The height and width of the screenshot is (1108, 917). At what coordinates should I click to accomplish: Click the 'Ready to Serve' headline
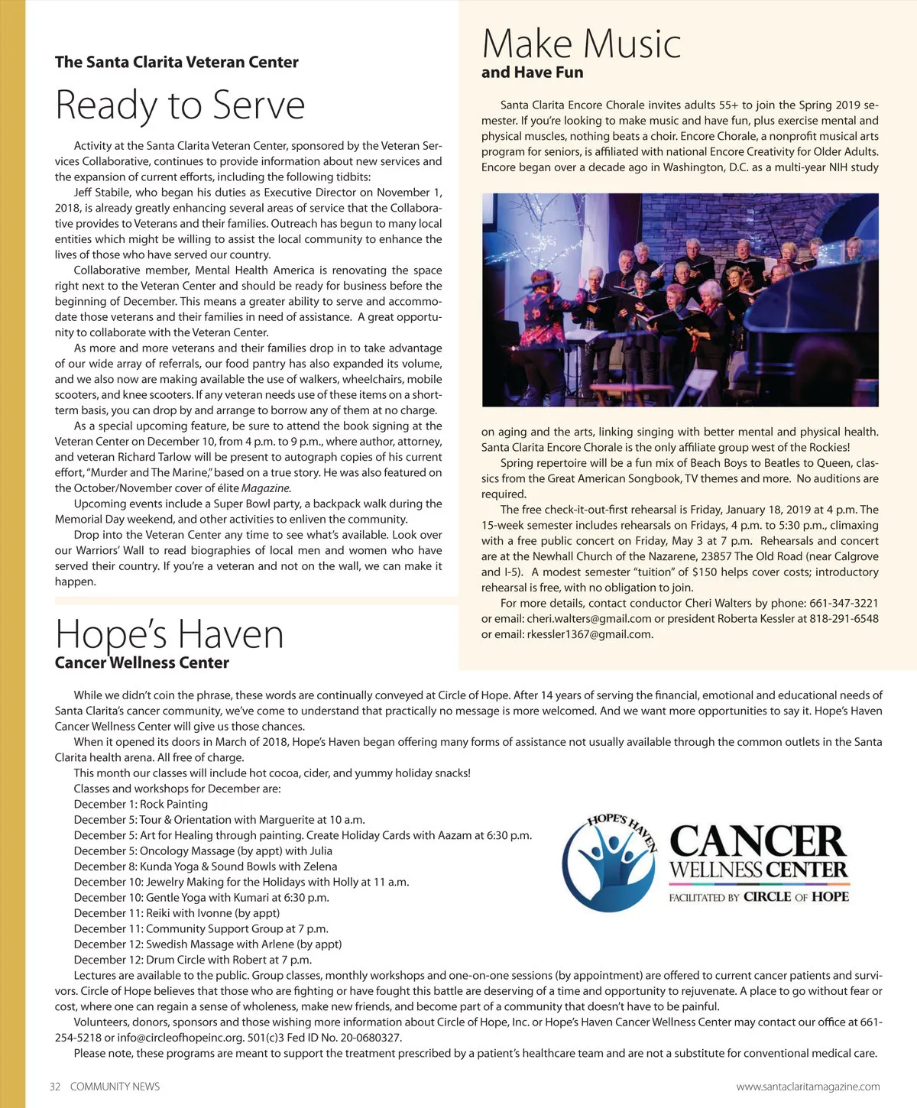point(180,105)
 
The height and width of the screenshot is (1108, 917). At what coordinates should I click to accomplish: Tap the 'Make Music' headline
point(582,44)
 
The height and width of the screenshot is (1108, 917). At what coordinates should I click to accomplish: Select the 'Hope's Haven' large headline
point(170,634)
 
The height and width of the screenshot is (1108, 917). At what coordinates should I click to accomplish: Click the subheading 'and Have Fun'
point(532,73)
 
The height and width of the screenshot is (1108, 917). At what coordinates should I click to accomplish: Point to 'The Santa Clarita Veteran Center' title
point(177,63)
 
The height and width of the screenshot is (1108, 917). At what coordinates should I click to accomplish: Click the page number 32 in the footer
point(55,1087)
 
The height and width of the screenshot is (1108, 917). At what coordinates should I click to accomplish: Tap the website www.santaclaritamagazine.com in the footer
point(808,1087)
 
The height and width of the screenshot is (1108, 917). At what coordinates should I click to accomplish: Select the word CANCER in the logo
point(758,841)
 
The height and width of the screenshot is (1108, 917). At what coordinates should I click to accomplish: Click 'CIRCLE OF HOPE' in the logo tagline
point(795,897)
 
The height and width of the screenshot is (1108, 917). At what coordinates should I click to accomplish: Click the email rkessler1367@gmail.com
point(589,634)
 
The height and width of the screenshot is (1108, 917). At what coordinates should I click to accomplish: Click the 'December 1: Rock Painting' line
point(141,805)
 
